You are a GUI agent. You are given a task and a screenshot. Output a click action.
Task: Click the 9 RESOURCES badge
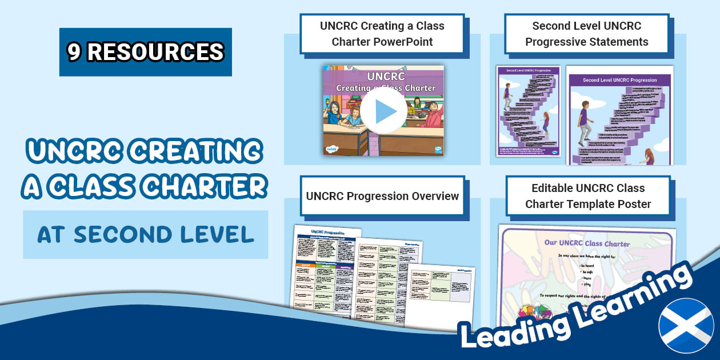[x=145, y=52]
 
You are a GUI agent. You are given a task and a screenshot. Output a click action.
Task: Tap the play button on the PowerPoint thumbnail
[x=383, y=111]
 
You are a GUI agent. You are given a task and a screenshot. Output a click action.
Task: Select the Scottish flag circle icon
[x=686, y=326]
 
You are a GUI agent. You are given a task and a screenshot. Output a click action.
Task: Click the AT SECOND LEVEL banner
[x=145, y=234]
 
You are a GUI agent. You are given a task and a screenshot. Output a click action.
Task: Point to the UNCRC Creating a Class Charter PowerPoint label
[x=382, y=34]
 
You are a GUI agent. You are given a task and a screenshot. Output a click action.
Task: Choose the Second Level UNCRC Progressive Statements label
[x=587, y=34]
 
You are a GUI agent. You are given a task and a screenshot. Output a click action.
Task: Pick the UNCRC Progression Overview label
[x=382, y=196]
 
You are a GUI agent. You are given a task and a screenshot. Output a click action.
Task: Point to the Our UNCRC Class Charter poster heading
[x=587, y=243]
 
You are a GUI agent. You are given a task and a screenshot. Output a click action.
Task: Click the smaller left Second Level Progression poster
[x=528, y=111]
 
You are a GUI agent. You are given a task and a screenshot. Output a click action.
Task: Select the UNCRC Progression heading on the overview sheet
[x=326, y=232]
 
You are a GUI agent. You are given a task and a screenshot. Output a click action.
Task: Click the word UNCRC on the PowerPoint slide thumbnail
[x=385, y=76]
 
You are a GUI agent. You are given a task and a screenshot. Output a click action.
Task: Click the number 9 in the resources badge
[x=74, y=52]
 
